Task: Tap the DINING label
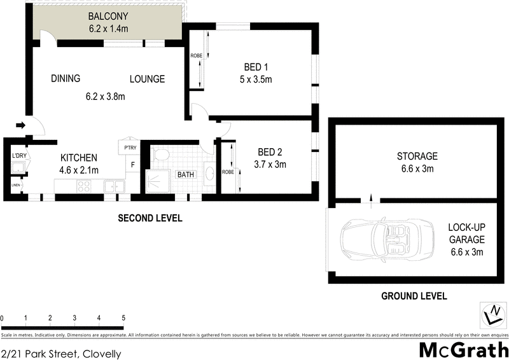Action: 66,79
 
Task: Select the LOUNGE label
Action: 148,79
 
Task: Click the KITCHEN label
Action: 78,158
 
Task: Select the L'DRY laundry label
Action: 18,156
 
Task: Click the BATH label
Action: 186,174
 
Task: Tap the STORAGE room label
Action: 417,156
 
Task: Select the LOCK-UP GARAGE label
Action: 466,233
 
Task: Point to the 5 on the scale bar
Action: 123,318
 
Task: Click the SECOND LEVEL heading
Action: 150,218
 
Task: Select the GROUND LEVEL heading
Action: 414,296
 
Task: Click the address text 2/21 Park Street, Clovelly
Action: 61,353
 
